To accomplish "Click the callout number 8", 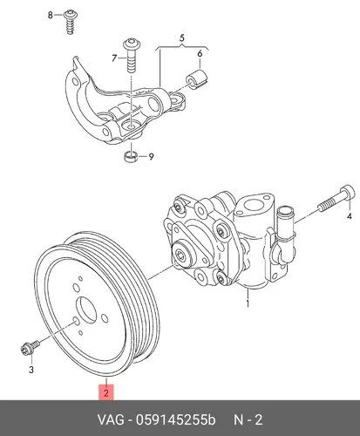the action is tap(51, 15).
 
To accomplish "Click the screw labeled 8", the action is tap(70, 22).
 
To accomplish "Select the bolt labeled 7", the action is tap(132, 55).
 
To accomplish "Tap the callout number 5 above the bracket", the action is tap(182, 38).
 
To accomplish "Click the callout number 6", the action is tap(200, 54).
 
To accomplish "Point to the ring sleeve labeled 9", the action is tap(131, 156).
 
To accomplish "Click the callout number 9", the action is tap(151, 157).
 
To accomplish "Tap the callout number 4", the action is tap(350, 216).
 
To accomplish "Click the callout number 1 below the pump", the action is tap(248, 303).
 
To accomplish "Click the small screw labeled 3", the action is tap(31, 347).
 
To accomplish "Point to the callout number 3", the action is tap(31, 370).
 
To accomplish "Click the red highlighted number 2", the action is tap(106, 392).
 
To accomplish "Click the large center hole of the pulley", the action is tap(86, 310).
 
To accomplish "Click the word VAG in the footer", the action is tap(111, 420).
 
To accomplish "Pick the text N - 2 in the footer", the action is tap(248, 420).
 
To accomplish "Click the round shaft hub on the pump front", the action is tap(182, 255).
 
